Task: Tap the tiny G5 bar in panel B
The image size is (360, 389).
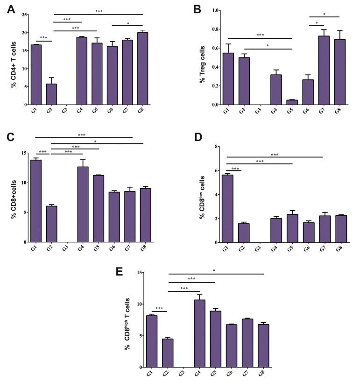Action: click(x=292, y=102)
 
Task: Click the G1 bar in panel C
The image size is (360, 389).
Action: click(x=36, y=201)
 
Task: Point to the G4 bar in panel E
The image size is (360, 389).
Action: click(x=199, y=333)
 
